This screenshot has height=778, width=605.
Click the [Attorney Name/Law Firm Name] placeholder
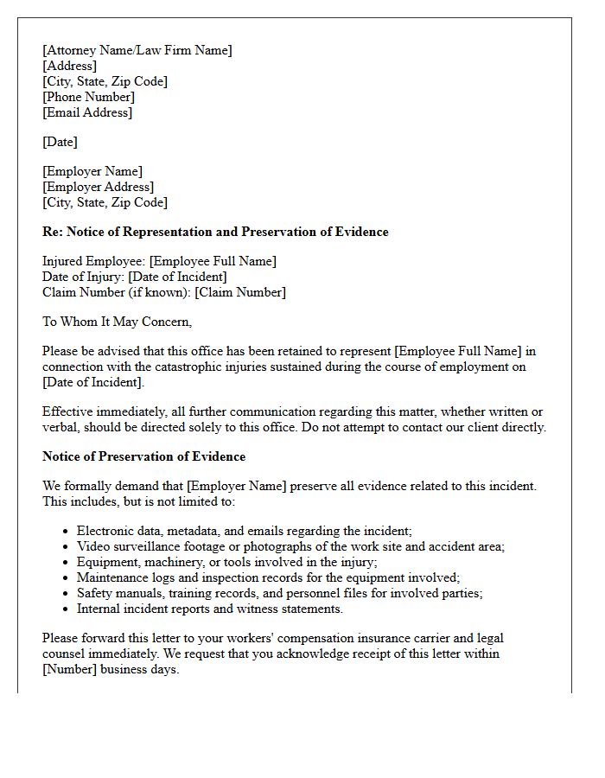point(137,50)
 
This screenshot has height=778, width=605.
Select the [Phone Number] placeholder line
point(88,97)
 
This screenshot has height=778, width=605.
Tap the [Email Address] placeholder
point(87,112)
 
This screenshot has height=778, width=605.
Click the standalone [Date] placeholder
point(60,142)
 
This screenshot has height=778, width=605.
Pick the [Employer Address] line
point(98,187)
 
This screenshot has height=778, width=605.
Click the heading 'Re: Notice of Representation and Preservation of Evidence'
point(215,232)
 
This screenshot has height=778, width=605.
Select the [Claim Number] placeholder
point(239,292)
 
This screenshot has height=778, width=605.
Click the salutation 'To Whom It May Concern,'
point(117,322)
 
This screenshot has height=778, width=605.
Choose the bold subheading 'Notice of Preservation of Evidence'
point(143,456)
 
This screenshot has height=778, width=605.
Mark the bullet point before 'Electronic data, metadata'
point(67,532)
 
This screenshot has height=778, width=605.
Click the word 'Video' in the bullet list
point(93,546)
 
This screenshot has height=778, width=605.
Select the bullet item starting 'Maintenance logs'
point(268,577)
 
